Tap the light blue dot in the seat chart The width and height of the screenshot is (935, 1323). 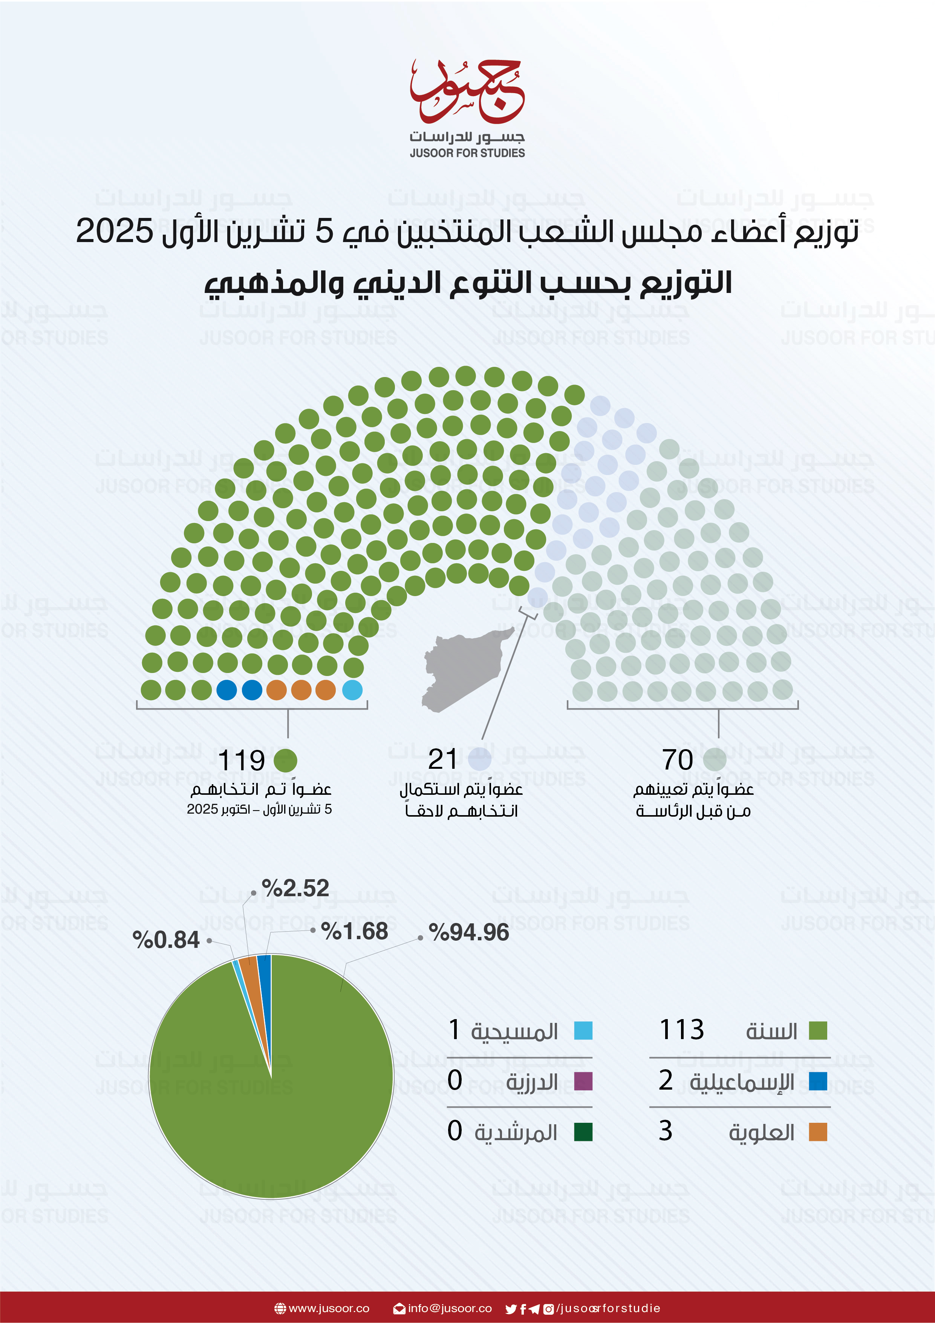352,690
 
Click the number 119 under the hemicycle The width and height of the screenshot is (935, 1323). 242,760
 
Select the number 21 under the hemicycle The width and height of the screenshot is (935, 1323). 442,759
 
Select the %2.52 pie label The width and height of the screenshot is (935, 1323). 295,888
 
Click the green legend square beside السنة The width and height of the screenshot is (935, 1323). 818,1030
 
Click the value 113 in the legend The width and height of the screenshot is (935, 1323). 681,1030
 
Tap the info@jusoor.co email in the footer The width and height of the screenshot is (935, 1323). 449,1308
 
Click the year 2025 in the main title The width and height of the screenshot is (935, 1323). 115,231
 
